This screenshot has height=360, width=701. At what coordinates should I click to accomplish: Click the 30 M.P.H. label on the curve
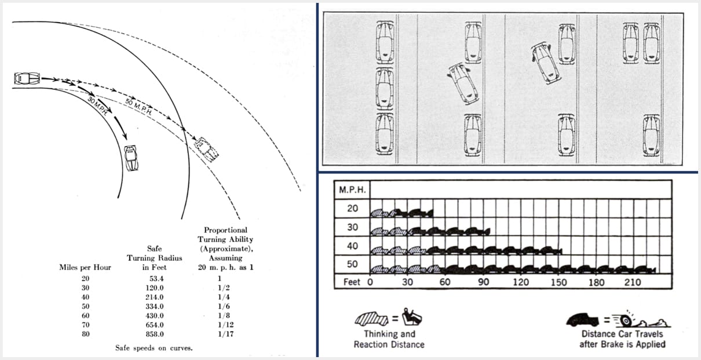98,107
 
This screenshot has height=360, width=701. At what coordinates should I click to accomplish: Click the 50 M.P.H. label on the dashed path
138,107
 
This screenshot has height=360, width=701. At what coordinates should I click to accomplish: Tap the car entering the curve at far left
27,78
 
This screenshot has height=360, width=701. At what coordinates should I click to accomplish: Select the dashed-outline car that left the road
206,150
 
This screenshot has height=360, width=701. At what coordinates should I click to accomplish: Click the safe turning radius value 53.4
156,279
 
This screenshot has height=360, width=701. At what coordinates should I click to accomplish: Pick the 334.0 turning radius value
155,306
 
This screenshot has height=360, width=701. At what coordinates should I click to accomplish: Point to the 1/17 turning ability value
225,334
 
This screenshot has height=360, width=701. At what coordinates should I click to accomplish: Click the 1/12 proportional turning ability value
225,325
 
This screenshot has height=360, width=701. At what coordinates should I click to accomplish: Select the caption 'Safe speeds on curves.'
154,348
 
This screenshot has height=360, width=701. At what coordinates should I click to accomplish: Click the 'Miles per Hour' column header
85,267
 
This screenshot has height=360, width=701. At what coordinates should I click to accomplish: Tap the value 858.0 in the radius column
155,334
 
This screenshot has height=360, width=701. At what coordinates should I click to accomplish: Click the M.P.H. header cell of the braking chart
352,190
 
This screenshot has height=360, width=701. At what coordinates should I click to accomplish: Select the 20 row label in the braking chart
352,208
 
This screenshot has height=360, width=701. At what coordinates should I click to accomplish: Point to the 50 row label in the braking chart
352,264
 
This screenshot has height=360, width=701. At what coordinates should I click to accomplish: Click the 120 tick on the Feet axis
521,282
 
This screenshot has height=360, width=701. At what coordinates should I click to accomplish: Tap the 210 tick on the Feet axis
633,282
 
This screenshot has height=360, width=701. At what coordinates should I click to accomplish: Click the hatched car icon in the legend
371,319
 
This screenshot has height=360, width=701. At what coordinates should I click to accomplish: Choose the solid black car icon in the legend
582,319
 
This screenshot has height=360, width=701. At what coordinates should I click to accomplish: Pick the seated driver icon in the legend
411,317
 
